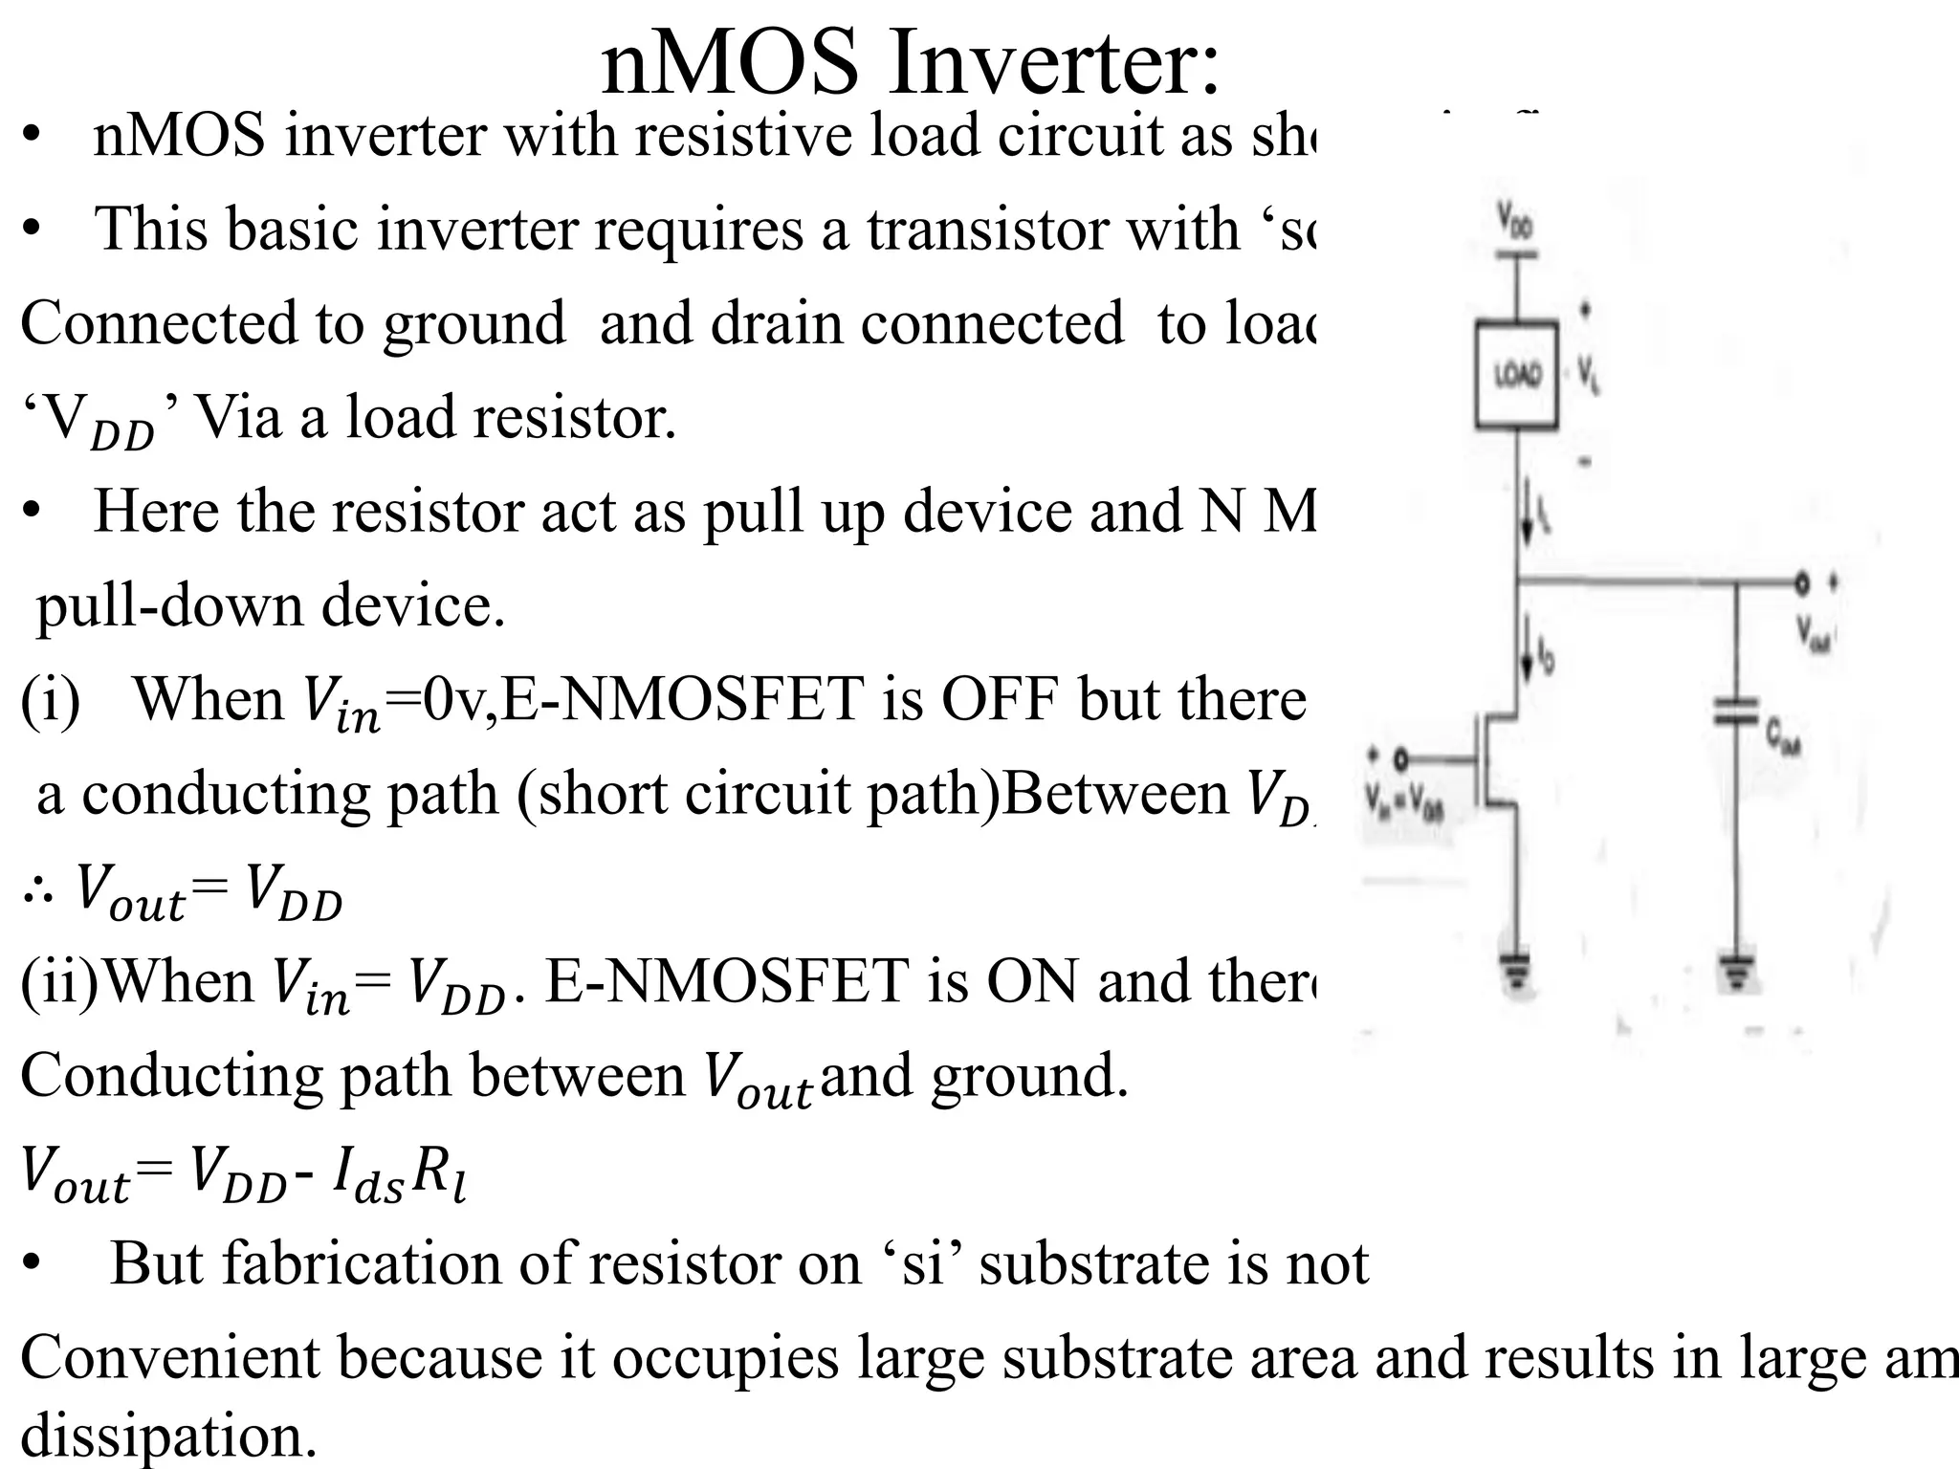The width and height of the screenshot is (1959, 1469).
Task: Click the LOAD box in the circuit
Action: pos(1517,375)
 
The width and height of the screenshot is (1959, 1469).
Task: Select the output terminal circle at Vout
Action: pos(1802,581)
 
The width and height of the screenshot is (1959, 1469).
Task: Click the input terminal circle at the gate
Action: pos(1400,759)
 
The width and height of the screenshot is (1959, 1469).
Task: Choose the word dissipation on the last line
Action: pos(168,1435)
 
